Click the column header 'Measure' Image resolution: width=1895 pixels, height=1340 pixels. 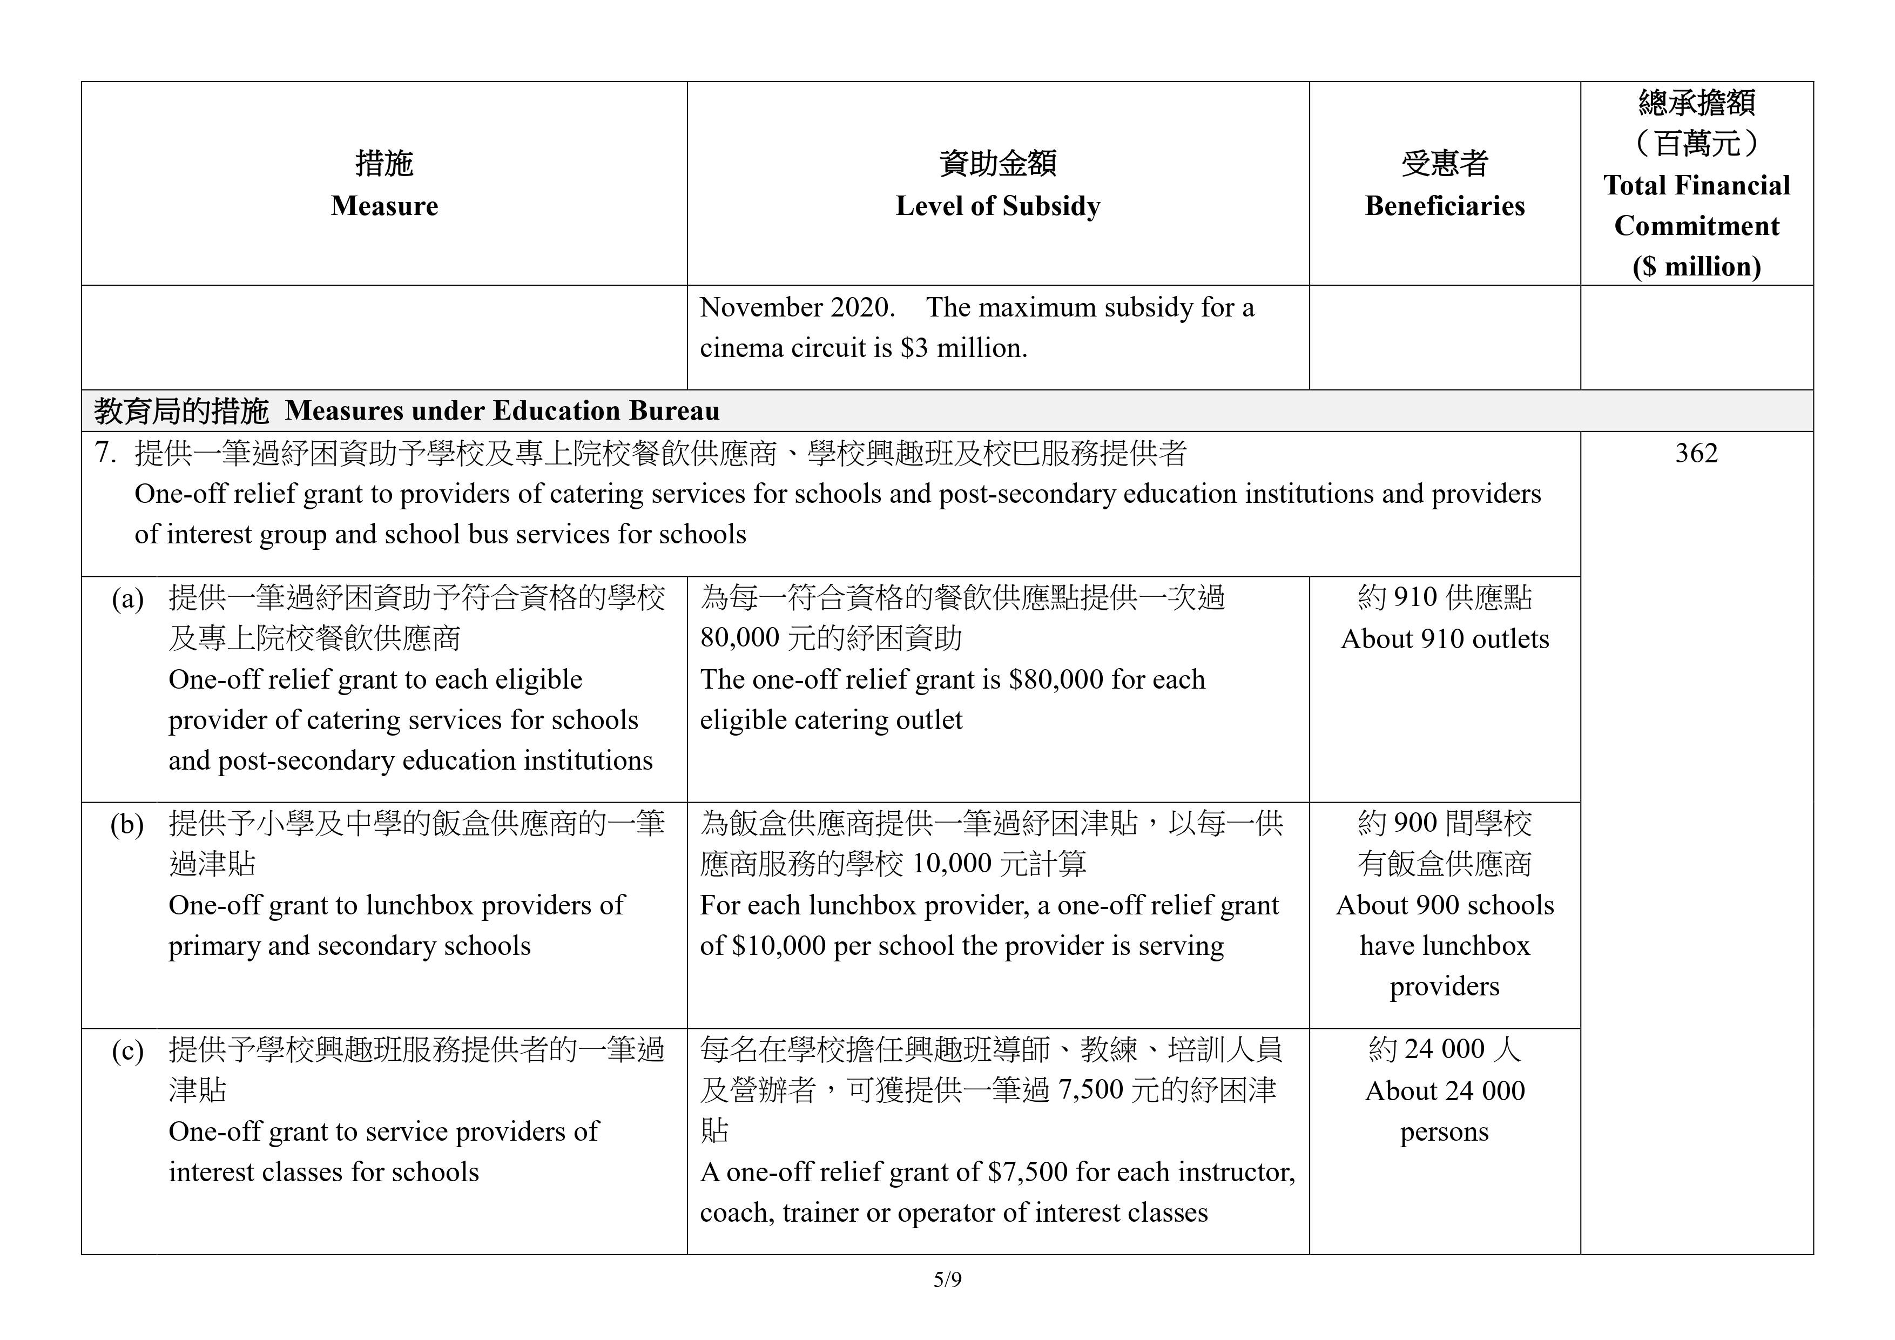tap(384, 206)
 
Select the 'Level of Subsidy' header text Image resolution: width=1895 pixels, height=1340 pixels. tap(998, 206)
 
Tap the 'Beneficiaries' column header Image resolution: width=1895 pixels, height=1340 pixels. tap(1445, 206)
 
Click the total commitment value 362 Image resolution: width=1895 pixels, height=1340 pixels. tap(1696, 453)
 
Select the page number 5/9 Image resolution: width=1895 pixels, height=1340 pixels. tap(947, 1280)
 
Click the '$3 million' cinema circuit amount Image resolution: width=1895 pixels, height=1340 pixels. tap(963, 348)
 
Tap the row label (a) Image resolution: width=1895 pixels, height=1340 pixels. tap(128, 598)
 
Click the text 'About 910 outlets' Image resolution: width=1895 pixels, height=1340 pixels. tap(1445, 639)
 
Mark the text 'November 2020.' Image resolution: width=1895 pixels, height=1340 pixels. tap(797, 308)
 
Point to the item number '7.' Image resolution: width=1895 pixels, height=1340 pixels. tap(106, 453)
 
